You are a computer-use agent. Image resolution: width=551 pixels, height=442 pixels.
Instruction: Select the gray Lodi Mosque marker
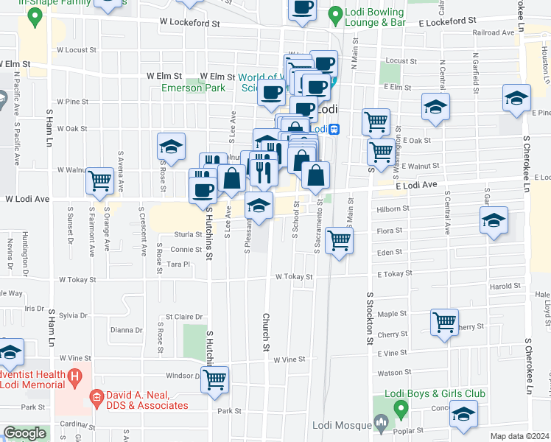381,422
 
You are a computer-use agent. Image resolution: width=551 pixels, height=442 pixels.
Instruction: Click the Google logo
24,433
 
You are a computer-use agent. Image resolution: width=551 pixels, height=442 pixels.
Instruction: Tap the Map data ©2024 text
520,436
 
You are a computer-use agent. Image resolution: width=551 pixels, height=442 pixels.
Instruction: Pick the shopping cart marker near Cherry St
445,323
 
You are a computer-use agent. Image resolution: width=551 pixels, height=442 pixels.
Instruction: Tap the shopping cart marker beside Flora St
339,240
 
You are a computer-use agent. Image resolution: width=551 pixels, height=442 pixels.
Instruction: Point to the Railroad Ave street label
493,33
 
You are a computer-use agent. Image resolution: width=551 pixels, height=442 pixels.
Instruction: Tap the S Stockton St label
370,317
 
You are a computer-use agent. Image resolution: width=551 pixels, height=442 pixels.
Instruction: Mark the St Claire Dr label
184,318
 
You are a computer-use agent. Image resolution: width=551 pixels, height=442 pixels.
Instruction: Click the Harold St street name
504,287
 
